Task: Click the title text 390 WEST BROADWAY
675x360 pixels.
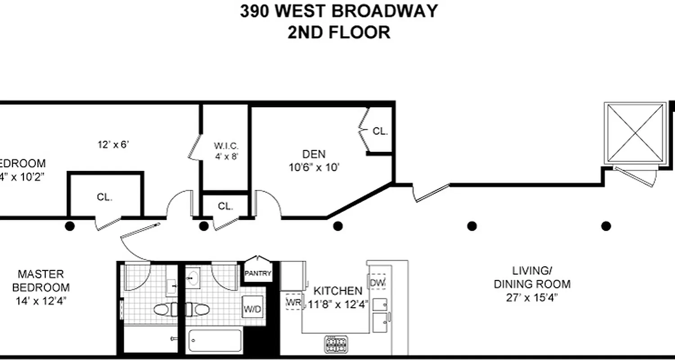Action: pos(338,11)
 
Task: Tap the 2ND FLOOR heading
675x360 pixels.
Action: pos(338,32)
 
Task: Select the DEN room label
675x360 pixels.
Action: pos(314,154)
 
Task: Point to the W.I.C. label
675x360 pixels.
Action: pos(225,146)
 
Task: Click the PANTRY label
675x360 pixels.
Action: pos(258,273)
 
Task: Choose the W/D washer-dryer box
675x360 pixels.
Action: pos(252,309)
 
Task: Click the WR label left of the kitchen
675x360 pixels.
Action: pos(294,302)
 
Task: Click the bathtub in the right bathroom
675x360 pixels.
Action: pos(215,341)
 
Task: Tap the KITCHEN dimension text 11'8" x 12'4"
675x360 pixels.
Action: pos(338,304)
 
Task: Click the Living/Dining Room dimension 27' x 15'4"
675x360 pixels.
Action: pos(532,297)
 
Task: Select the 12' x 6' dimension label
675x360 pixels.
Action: pos(114,144)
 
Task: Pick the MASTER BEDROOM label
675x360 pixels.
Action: pos(41,280)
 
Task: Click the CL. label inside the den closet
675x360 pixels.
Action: pos(380,131)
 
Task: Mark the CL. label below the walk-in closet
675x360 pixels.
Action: pos(225,206)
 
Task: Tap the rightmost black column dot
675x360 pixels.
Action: pos(606,226)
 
